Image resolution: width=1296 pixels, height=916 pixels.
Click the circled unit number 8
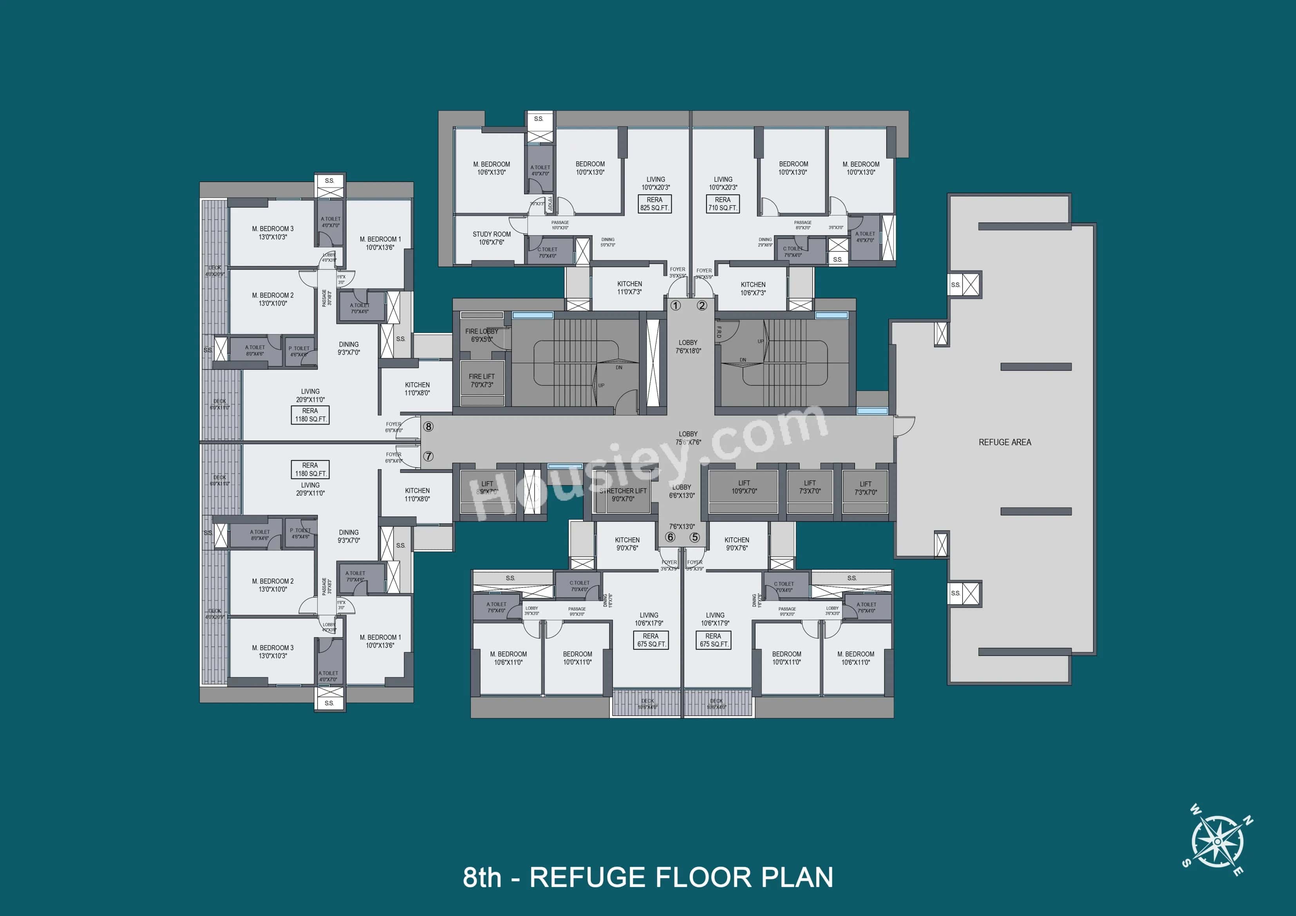coord(428,427)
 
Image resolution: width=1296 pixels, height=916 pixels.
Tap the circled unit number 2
coord(701,305)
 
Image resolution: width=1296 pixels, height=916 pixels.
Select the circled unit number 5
coord(694,537)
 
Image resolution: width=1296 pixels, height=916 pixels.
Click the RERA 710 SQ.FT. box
coord(723,204)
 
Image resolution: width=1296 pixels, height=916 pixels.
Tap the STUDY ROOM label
coord(491,238)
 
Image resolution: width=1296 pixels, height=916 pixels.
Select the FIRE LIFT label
coord(481,380)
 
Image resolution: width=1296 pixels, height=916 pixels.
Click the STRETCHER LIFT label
coord(623,494)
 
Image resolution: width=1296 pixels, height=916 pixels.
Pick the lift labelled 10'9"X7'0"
coord(744,487)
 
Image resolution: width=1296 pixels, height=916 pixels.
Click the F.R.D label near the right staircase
coord(719,332)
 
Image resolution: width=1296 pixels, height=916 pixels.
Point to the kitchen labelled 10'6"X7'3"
coord(753,288)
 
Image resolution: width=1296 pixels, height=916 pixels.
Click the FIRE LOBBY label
coord(481,335)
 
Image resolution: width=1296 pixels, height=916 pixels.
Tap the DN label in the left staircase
coord(619,367)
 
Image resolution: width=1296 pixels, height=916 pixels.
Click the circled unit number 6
coord(670,537)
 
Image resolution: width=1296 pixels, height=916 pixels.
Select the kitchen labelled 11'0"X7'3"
coord(629,288)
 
